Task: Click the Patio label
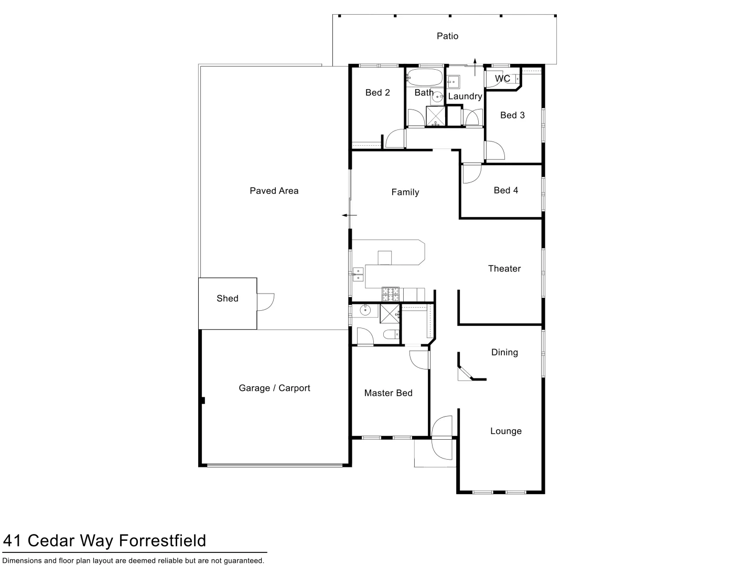[x=447, y=36]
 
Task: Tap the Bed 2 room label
[x=377, y=93]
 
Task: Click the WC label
[x=502, y=79]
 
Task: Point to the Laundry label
[x=465, y=96]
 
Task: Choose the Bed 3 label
[x=512, y=115]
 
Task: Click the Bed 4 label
[x=506, y=191]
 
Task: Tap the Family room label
[x=405, y=192]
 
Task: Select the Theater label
[x=504, y=269]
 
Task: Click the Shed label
[x=228, y=299]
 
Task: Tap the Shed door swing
[x=266, y=302]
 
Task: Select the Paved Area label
[x=274, y=191]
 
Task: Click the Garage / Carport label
[x=274, y=388]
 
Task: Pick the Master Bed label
[x=389, y=393]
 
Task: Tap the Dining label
[x=504, y=353]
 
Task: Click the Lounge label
[x=506, y=431]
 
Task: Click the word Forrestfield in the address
[x=162, y=540]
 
